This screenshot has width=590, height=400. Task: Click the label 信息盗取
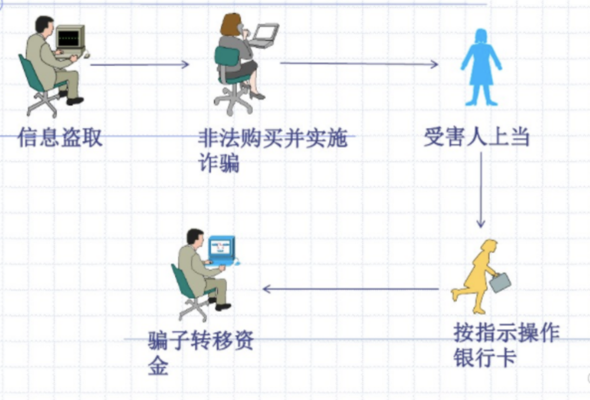60,137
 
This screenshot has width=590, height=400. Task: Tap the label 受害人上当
477,137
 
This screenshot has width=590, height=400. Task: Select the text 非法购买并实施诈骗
273,150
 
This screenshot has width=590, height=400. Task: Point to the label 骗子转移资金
201,353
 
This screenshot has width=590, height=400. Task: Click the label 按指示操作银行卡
506,344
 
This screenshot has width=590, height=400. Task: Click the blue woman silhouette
481,67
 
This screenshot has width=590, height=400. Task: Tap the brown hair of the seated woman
230,25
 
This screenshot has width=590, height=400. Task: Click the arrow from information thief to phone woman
139,64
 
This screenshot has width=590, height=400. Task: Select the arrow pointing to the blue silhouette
359,63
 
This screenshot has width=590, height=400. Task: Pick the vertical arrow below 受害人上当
481,190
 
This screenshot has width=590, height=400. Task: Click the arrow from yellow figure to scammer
351,289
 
